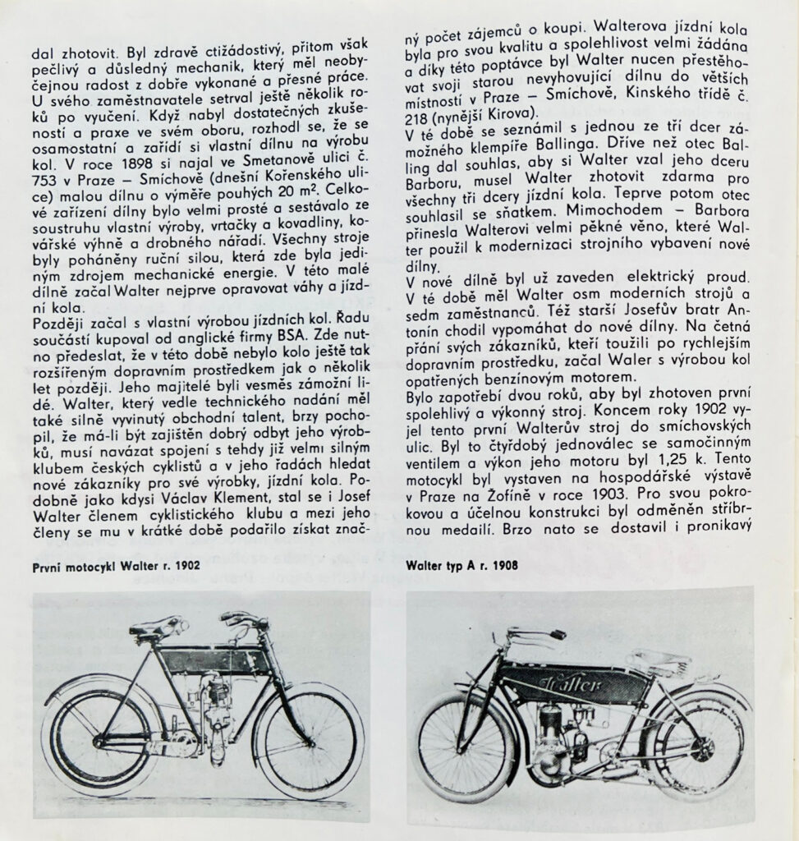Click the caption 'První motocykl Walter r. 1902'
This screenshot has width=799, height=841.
click(116, 566)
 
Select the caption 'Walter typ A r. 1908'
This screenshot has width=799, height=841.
click(463, 565)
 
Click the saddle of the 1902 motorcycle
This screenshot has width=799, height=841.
click(156, 628)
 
